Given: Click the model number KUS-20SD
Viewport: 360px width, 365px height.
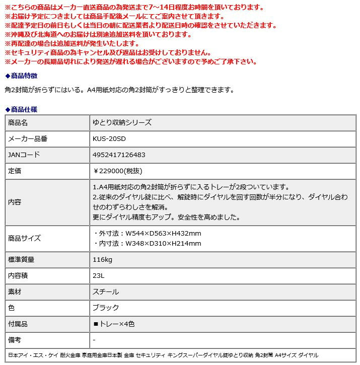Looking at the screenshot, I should point(109,138).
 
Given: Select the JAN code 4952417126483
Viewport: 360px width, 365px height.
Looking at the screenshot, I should point(119,155).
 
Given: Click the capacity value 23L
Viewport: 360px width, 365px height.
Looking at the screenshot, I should point(99,275).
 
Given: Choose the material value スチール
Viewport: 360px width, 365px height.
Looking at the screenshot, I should point(106,291).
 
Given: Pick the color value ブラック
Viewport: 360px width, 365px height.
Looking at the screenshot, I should point(106,308).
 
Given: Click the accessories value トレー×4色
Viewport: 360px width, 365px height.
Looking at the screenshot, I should point(114,324).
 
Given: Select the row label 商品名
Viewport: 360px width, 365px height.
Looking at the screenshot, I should point(18,122).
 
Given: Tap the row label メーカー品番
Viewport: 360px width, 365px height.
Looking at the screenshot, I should point(28,138).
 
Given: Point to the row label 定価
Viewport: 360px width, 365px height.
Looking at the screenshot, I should point(15,171).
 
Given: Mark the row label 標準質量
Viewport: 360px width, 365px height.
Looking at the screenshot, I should point(21,259).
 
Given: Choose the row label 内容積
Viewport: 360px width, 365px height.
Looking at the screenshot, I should point(18,275).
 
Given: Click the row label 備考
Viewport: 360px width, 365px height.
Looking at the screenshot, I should point(15,340).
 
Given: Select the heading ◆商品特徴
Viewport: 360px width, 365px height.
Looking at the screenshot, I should point(21,76).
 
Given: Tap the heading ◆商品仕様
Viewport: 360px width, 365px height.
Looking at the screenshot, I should point(21,109).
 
